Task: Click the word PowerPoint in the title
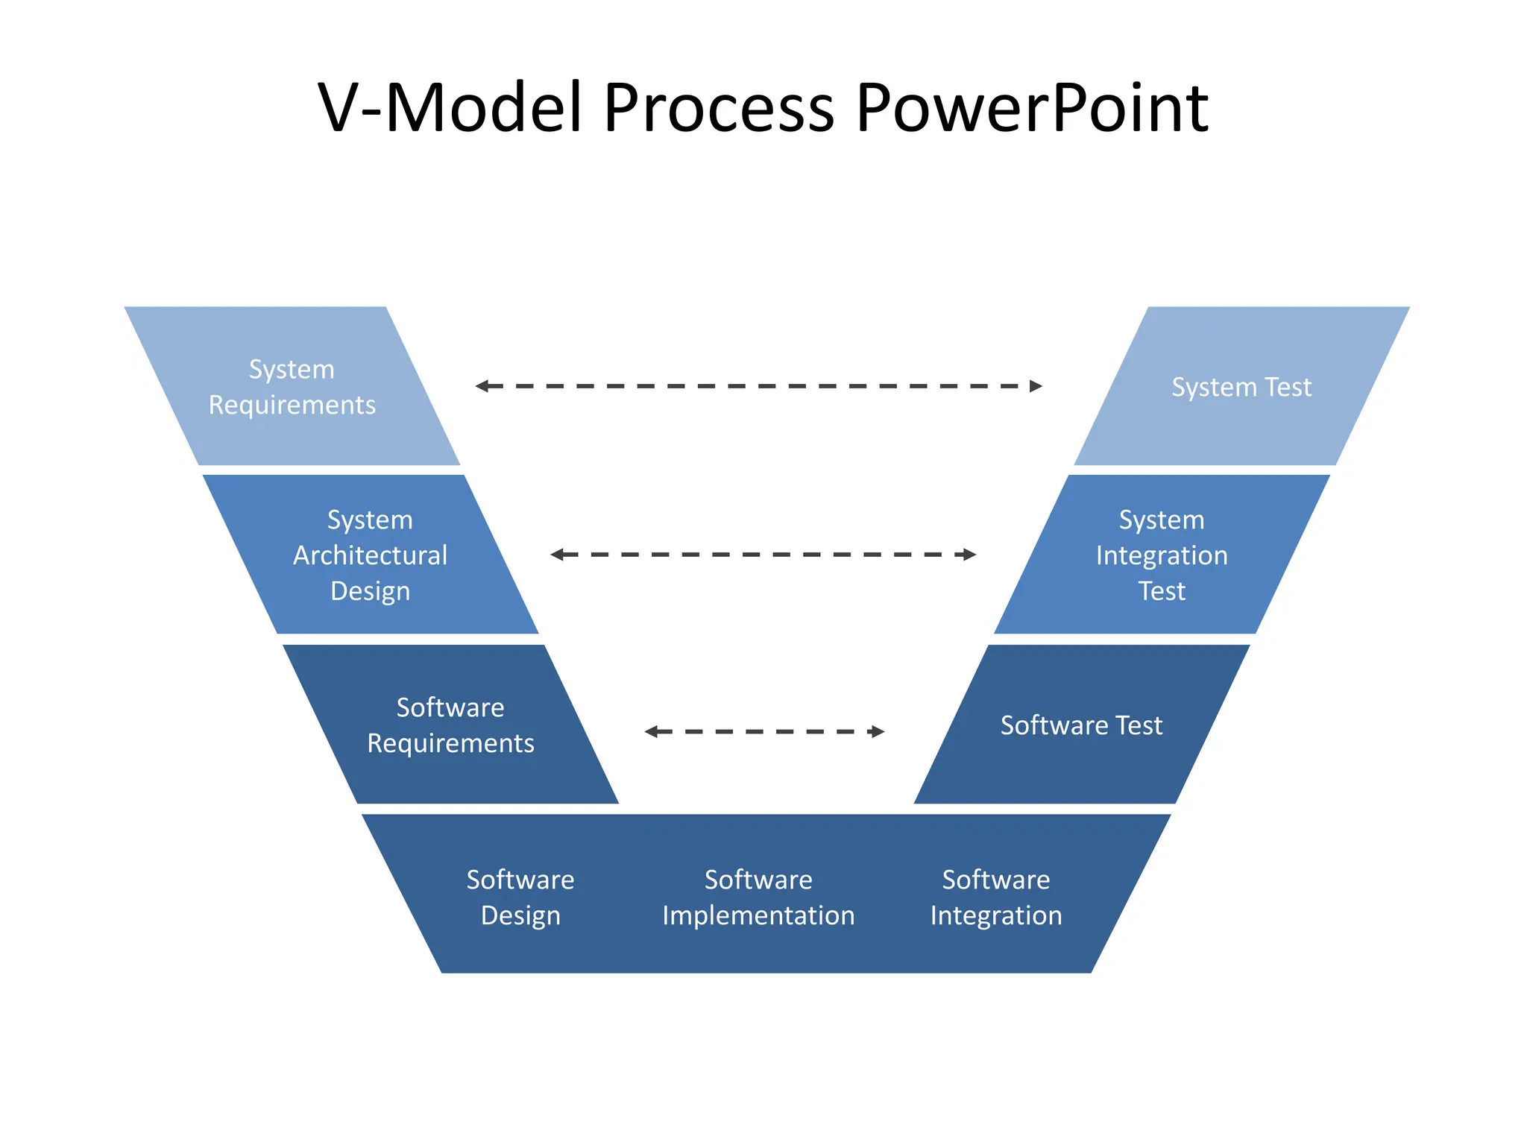(1031, 108)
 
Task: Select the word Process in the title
(718, 108)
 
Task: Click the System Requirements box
(292, 387)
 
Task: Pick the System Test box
(1241, 387)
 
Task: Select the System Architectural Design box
(371, 555)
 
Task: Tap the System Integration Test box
(1162, 555)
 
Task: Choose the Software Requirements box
(450, 725)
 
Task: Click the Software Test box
(1081, 725)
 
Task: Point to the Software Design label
(520, 898)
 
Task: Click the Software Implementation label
(758, 898)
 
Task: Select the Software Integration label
(996, 898)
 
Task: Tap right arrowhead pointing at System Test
(1036, 386)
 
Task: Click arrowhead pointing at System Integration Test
(969, 555)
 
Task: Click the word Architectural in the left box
(371, 555)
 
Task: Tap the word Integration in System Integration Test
(1162, 555)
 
